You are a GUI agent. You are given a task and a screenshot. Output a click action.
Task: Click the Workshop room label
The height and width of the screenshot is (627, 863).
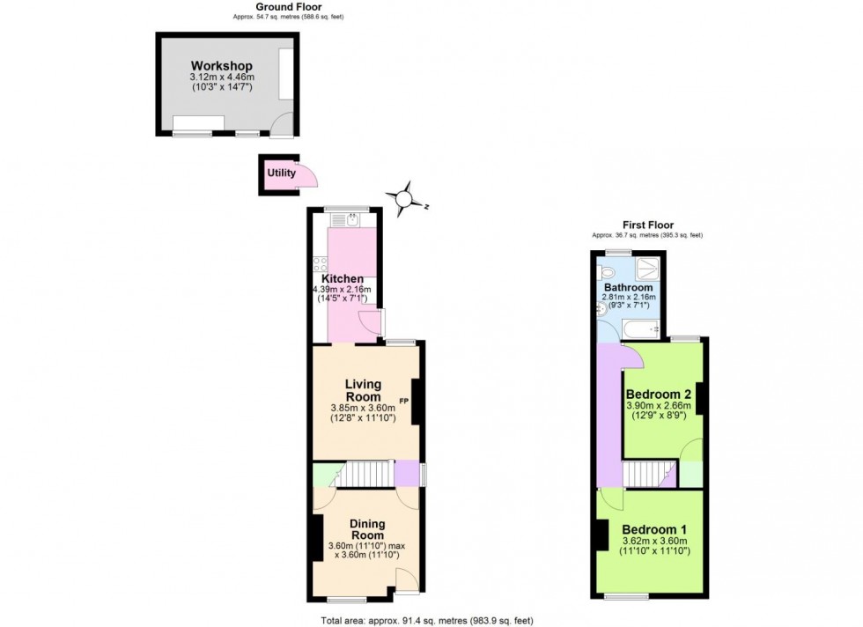coord(221,66)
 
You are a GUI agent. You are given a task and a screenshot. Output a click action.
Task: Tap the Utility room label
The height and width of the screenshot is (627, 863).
coord(282,173)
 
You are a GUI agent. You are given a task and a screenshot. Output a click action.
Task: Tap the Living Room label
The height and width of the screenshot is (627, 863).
coord(363,390)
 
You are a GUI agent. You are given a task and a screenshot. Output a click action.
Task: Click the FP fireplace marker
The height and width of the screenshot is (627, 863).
coord(404,402)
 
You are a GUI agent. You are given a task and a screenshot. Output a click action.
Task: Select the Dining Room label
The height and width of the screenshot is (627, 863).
coord(367,529)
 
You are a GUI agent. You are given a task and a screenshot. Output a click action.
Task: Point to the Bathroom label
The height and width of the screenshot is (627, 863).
coord(628,288)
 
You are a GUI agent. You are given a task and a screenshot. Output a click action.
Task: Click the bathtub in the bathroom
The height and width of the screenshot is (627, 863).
coord(640,331)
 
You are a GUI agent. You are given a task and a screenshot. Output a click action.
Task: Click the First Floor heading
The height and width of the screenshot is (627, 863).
coord(646,225)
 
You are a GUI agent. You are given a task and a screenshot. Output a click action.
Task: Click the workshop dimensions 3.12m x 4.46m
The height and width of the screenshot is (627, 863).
coord(221,77)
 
